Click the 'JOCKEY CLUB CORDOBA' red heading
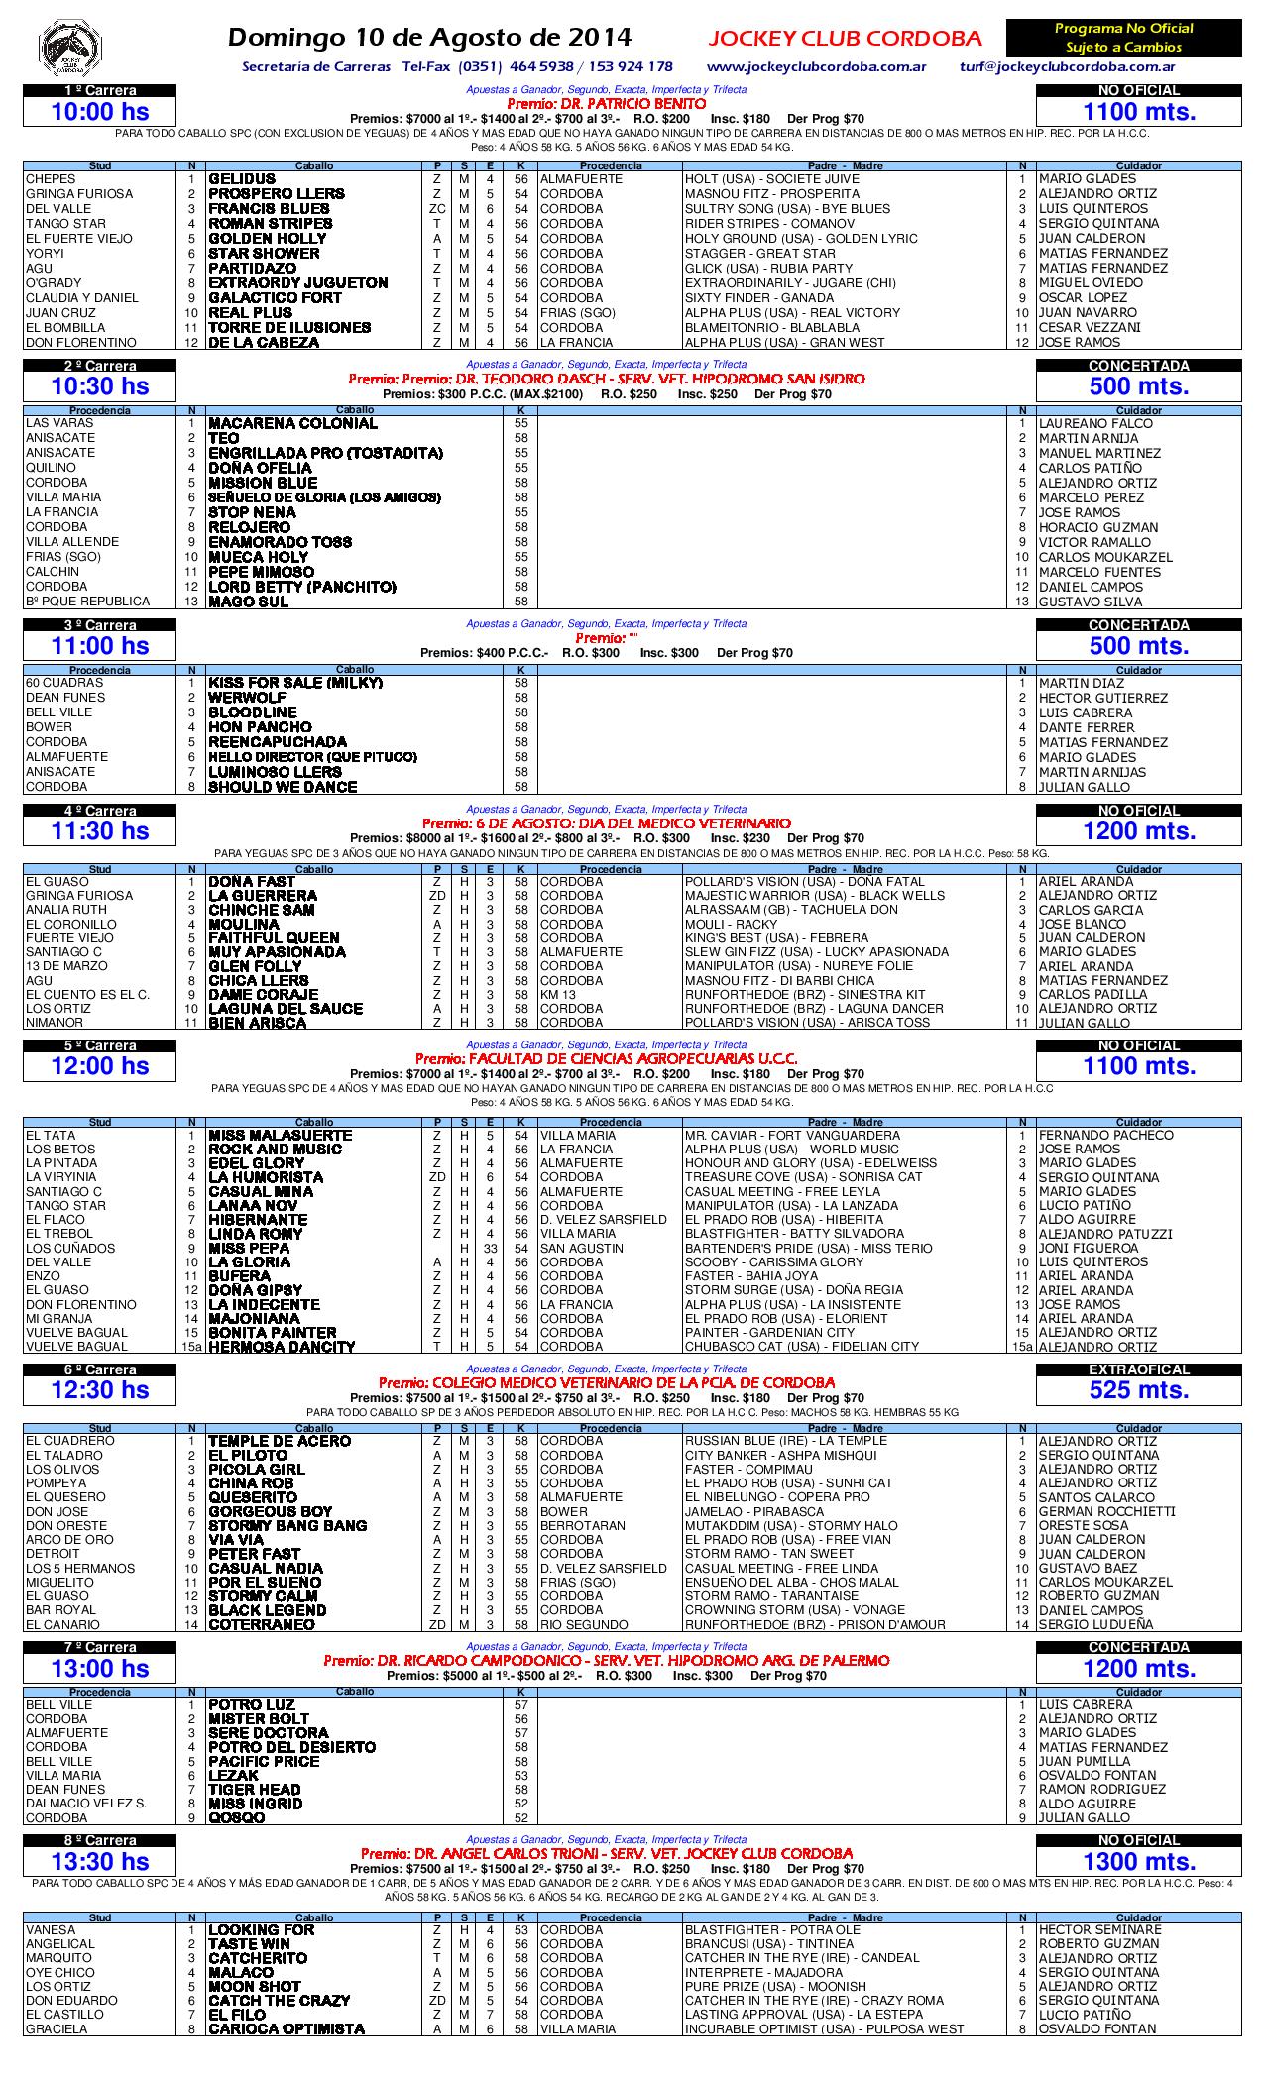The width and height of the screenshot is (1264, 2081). (845, 39)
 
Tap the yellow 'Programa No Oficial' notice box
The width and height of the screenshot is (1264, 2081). (1123, 38)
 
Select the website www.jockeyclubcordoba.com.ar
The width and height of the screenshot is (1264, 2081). (816, 67)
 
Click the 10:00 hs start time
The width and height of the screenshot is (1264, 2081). (100, 112)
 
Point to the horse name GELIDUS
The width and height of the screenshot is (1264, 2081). (242, 179)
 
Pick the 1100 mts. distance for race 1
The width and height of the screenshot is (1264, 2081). (1138, 112)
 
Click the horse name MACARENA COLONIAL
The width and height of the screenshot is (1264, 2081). (292, 423)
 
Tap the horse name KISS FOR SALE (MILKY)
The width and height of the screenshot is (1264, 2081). (295, 683)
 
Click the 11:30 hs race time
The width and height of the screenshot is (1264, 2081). (100, 831)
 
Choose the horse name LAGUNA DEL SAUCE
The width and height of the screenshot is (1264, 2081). (286, 1009)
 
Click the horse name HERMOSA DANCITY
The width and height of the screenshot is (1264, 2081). (282, 1347)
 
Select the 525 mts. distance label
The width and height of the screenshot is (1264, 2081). (1138, 1390)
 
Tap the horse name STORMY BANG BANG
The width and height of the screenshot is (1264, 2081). (287, 1526)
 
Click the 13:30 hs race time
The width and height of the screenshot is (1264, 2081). (100, 1861)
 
